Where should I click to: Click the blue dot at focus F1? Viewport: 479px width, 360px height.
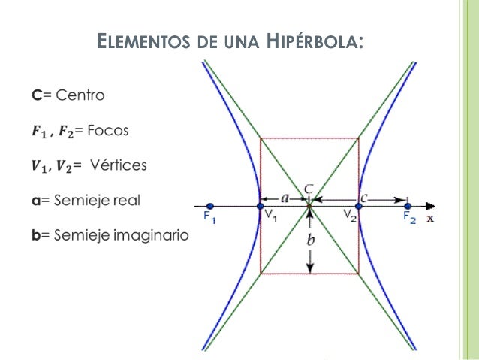(x=210, y=206)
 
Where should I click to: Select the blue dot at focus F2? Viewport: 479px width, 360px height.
(x=408, y=205)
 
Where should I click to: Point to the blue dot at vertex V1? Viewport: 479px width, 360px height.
(x=261, y=206)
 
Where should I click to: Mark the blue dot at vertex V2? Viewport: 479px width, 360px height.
(x=358, y=206)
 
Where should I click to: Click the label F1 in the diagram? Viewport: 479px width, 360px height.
(x=209, y=218)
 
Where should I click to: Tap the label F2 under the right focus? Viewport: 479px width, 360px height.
(x=409, y=218)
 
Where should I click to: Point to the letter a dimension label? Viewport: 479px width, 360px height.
(x=285, y=198)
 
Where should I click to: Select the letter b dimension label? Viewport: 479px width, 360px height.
(x=309, y=241)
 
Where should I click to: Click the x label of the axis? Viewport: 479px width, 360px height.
(x=431, y=219)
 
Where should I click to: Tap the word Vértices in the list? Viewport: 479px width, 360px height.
(x=120, y=165)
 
